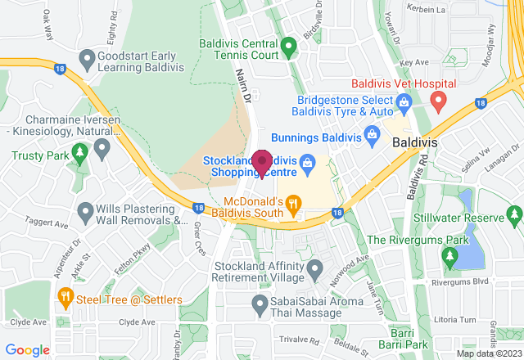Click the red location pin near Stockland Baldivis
pyautogui.click(x=262, y=163)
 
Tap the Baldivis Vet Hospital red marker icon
pyautogui.click(x=438, y=101)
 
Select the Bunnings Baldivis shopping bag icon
pyautogui.click(x=372, y=133)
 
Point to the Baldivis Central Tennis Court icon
pyautogui.click(x=288, y=47)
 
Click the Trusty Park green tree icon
pyautogui.click(x=79, y=152)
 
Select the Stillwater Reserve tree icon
pyautogui.click(x=514, y=214)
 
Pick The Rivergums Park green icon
pyautogui.click(x=449, y=257)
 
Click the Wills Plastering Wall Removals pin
pyautogui.click(x=85, y=213)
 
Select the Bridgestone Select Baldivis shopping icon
pyautogui.click(x=403, y=101)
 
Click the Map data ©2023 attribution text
pyautogui.click(x=488, y=353)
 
